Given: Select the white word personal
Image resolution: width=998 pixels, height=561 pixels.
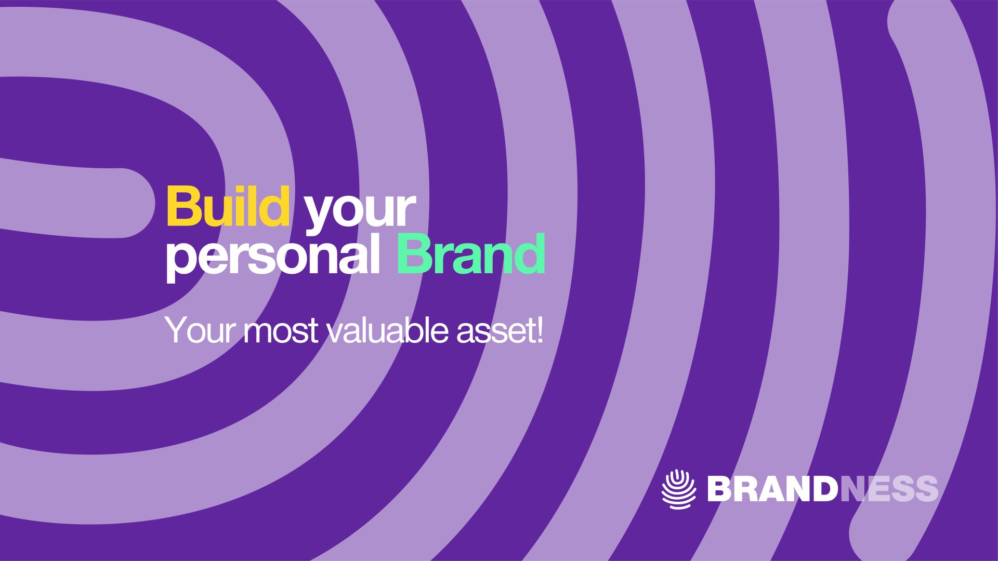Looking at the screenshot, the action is (x=272, y=256).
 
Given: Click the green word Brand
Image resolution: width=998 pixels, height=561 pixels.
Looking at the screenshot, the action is (x=471, y=253).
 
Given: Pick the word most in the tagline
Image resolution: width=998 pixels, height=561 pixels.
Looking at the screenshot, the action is (x=281, y=331).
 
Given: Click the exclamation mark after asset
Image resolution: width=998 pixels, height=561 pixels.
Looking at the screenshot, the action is (x=539, y=329).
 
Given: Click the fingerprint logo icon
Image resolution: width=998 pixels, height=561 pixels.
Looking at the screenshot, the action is (x=679, y=489).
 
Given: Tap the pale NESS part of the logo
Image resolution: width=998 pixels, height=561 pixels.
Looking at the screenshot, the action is (x=889, y=489).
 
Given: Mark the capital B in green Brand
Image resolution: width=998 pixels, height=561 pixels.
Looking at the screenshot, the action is (x=414, y=253).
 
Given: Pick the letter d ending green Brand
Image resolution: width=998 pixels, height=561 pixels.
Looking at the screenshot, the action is (x=530, y=253).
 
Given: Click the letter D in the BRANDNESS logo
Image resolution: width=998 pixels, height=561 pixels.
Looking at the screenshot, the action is (x=825, y=489).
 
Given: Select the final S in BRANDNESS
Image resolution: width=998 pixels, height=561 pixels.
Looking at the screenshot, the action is (x=927, y=489).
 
